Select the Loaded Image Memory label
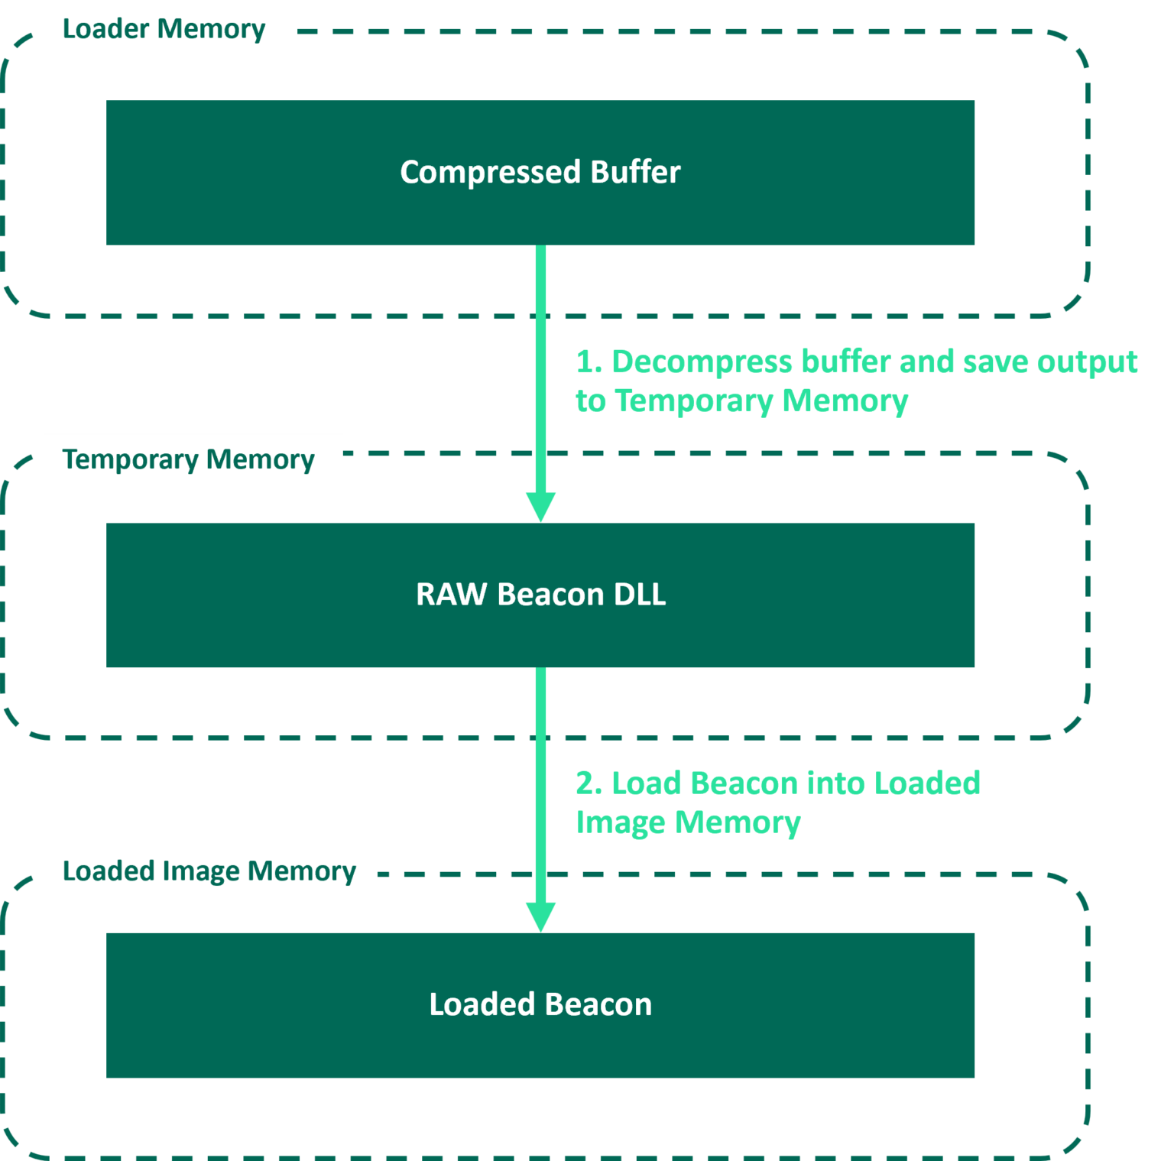pos(210,872)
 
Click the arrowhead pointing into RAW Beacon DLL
pos(540,508)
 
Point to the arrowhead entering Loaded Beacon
pos(540,916)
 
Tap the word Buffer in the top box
pos(634,172)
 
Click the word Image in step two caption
pos(621,824)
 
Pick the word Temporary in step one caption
pos(694,402)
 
